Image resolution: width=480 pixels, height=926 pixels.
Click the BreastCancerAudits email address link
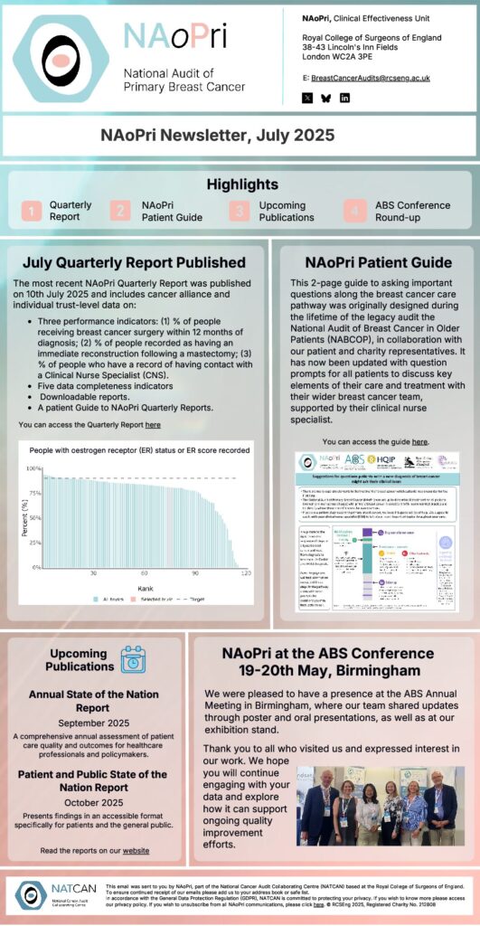point(370,78)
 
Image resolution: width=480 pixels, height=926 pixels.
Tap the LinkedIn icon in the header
point(344,98)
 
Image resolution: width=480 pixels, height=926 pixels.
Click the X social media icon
point(307,98)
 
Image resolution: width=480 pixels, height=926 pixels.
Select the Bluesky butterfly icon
point(325,98)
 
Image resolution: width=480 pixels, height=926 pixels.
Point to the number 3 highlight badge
point(240,211)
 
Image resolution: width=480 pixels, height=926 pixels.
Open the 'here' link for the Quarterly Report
point(153,423)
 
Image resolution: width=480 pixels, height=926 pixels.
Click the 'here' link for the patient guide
point(420,441)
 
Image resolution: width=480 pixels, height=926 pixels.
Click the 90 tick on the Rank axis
point(194,573)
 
